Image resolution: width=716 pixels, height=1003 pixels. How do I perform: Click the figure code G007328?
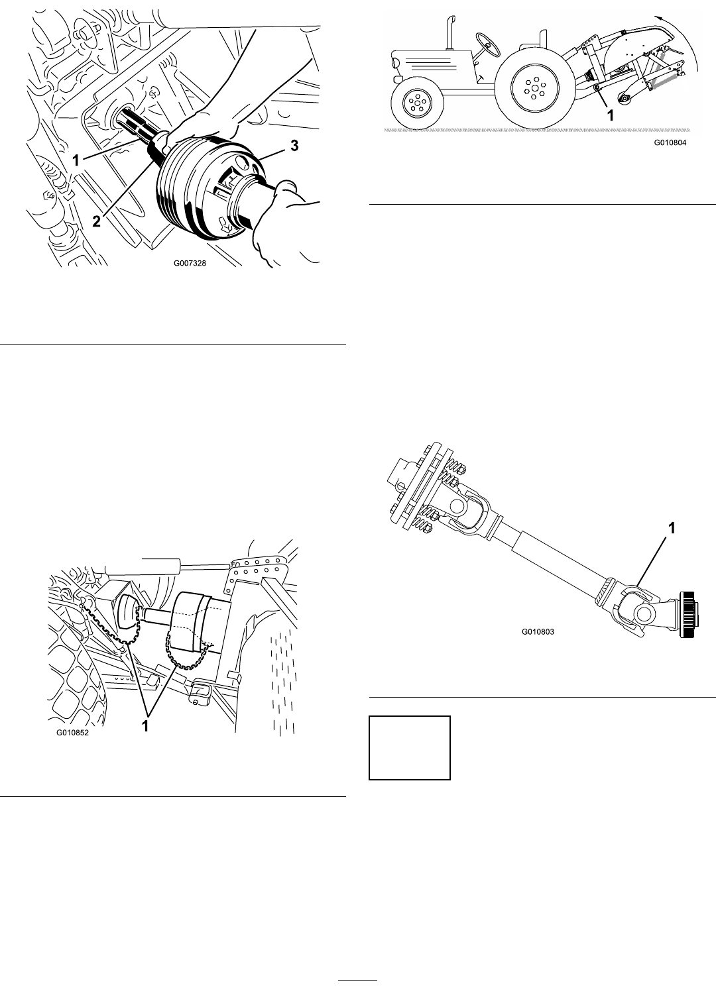190,263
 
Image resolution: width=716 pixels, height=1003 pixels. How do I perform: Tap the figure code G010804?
670,143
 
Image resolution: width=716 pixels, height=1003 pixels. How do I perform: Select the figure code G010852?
72,733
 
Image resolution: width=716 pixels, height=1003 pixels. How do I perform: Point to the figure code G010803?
538,632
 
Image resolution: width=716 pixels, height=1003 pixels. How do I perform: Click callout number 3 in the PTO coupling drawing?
294,146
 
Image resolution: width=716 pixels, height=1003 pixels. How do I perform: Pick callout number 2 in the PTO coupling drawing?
97,221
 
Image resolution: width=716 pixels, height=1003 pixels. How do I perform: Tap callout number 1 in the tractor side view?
610,115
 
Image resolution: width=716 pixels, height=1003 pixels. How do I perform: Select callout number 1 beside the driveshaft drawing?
672,529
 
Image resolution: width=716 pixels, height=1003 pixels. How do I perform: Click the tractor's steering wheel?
487,45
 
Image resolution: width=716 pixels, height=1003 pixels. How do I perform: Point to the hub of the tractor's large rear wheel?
536,87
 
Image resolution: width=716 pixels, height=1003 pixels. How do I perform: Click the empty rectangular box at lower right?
409,748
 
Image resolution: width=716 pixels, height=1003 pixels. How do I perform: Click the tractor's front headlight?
397,79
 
